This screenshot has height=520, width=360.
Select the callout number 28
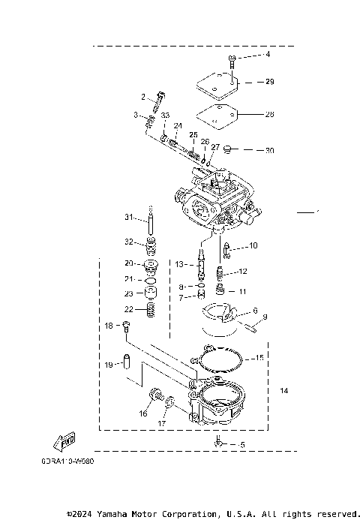tap(270, 115)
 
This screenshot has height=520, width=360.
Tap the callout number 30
tap(270, 150)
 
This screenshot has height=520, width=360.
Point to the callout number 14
tap(283, 391)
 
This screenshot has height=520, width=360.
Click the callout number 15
tap(259, 358)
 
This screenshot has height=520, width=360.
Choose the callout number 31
tap(128, 218)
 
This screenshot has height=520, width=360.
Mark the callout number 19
tap(109, 365)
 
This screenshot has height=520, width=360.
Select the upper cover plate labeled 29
tap(217, 81)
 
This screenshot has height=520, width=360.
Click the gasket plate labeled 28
tap(217, 116)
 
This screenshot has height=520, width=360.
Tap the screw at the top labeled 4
tap(233, 59)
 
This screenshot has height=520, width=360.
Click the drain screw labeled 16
tap(157, 393)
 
